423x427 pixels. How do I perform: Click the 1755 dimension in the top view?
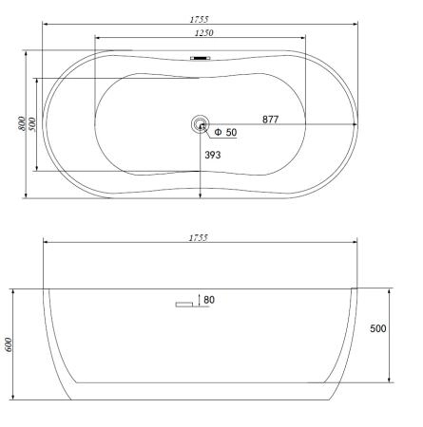coord(200,19)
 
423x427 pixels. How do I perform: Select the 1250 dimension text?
coord(204,32)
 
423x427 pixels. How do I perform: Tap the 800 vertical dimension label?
coord(21,123)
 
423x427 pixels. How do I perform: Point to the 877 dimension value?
coord(270,120)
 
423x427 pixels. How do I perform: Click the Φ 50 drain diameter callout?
coord(225,132)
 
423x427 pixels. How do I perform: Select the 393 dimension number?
coord(213,155)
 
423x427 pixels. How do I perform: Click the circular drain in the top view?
coord(200,124)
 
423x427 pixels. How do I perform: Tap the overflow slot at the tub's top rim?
coord(200,58)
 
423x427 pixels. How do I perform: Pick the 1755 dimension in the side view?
coord(199,238)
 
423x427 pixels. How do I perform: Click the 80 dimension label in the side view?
coord(209,299)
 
